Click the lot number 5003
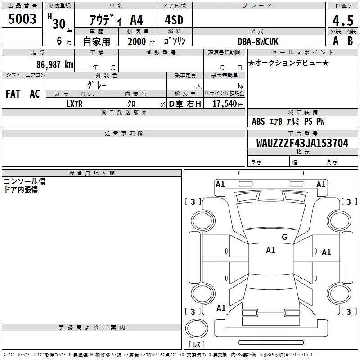[22, 18]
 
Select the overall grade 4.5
[343, 20]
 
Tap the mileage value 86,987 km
[55, 64]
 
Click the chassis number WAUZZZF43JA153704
[302, 143]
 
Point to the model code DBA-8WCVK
[258, 41]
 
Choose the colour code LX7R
[74, 104]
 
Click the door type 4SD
[174, 20]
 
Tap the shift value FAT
[13, 94]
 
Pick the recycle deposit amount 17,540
[225, 103]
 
